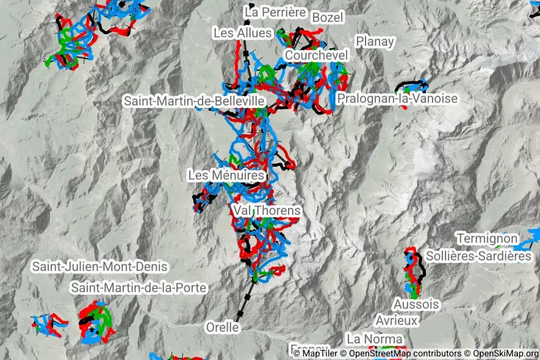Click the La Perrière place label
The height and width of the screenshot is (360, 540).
point(275,12)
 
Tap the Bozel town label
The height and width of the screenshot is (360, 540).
point(328,17)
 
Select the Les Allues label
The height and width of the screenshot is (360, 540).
point(242,32)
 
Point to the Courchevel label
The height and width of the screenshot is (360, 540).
point(316,56)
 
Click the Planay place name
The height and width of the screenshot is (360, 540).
point(375,41)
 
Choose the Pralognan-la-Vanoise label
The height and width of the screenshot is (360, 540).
point(397,98)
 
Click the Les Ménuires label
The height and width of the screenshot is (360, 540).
point(226,175)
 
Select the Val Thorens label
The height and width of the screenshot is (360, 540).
point(267,211)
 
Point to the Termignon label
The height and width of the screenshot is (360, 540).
point(488,238)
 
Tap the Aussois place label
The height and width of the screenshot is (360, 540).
point(416,304)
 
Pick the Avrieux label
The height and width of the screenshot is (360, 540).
point(397,320)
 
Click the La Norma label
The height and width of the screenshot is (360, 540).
point(375,338)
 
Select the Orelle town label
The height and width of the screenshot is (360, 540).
point(222,327)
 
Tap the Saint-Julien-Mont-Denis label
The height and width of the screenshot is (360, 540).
point(99,267)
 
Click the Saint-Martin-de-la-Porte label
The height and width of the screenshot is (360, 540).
point(139,287)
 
